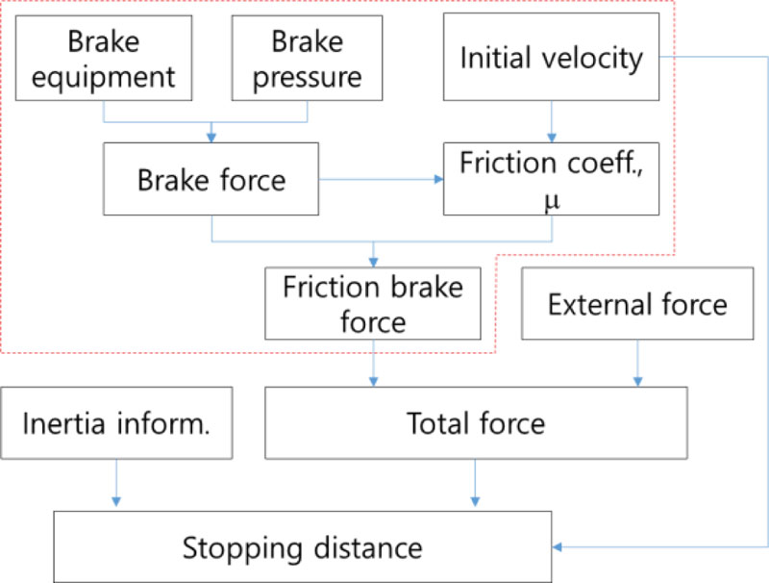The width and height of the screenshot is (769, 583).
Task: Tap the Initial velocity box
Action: pyautogui.click(x=551, y=58)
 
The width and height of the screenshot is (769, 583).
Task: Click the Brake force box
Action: pyautogui.click(x=211, y=180)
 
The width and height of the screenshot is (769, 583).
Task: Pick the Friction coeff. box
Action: pyautogui.click(x=551, y=179)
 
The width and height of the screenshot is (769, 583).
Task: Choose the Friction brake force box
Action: pyautogui.click(x=373, y=304)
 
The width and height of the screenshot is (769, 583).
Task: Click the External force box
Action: pyautogui.click(x=637, y=305)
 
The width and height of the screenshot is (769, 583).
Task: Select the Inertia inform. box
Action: pyautogui.click(x=116, y=422)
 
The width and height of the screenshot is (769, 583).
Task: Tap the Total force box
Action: pyautogui.click(x=476, y=422)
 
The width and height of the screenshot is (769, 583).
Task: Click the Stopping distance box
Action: pyautogui.click(x=303, y=547)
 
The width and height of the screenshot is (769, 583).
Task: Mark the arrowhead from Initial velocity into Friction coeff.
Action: pyautogui.click(x=551, y=138)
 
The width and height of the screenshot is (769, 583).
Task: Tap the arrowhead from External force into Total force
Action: pyautogui.click(x=637, y=382)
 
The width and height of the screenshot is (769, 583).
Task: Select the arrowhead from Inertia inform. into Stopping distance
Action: pyautogui.click(x=116, y=501)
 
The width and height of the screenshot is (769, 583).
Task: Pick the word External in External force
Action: pyautogui.click(x=592, y=305)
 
